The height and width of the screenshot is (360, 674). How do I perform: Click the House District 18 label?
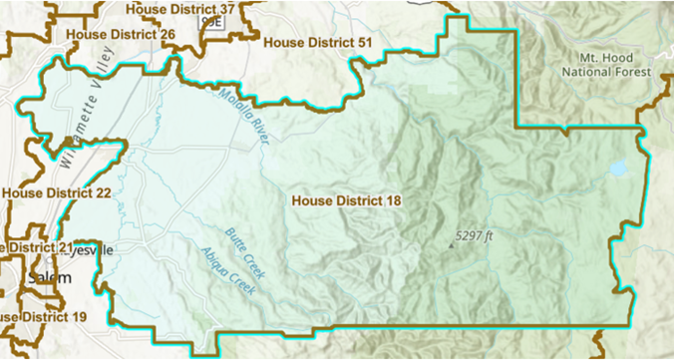pyautogui.click(x=346, y=200)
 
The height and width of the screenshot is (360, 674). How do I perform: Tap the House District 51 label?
pyautogui.click(x=317, y=44)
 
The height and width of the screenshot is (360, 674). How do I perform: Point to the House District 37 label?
pyautogui.click(x=180, y=9)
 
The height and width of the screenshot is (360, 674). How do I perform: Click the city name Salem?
pyautogui.click(x=49, y=277)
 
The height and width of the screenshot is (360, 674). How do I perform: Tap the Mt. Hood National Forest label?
pyautogui.click(x=605, y=65)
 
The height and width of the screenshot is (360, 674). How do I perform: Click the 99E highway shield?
pyautogui.click(x=209, y=21)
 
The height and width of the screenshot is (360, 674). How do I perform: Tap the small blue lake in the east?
pyautogui.click(x=618, y=169)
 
